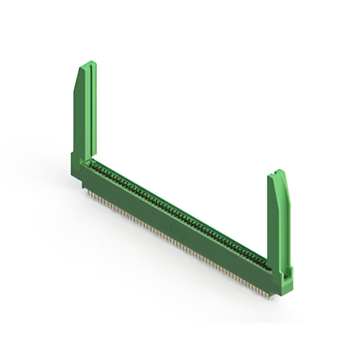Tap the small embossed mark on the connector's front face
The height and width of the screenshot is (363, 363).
coord(174,229)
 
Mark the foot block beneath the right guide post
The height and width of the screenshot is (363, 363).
coord(282,282)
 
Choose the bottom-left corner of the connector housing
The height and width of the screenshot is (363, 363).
coord(83,187)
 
